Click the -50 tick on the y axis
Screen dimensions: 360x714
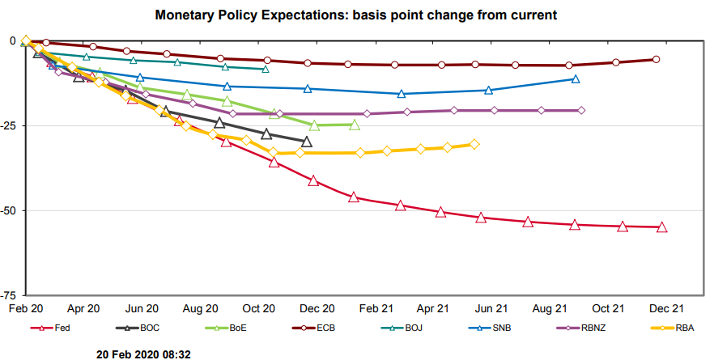9,210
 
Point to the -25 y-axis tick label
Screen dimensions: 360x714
9,125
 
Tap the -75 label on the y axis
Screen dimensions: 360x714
9,295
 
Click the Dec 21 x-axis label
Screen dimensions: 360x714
666,308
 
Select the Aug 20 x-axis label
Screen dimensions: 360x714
200,308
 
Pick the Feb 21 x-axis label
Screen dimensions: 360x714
375,308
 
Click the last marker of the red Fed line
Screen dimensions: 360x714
662,227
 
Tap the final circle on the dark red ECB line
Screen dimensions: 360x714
656,59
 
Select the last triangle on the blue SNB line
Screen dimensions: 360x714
576,78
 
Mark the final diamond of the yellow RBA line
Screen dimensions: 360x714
474,144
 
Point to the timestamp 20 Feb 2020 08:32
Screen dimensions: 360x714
144,354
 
